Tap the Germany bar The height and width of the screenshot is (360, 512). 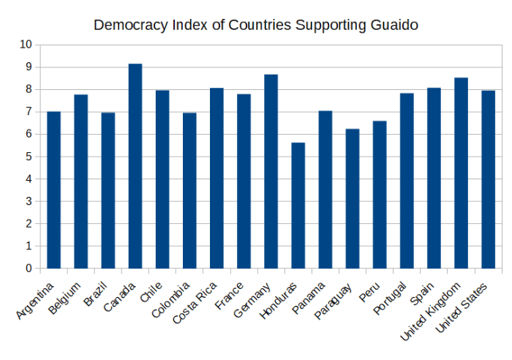271,171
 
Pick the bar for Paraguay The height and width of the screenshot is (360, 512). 353,198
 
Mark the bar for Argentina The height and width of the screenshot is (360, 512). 53,190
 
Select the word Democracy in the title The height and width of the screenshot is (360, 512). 129,25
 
